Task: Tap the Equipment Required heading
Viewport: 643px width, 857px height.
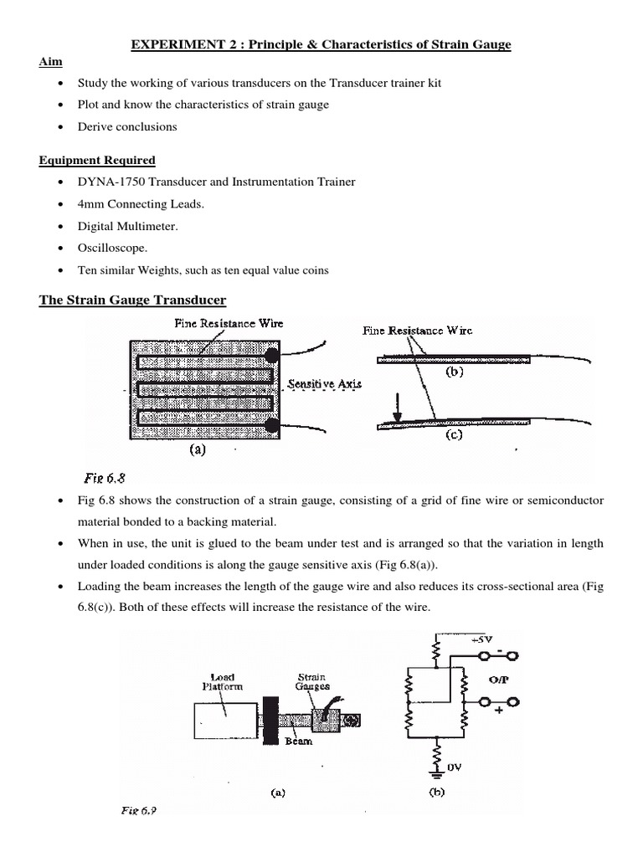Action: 97,161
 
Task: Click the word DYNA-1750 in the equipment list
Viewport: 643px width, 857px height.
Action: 109,182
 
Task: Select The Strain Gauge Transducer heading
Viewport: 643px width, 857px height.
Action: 132,300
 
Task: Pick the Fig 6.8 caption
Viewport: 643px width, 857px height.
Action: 104,479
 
